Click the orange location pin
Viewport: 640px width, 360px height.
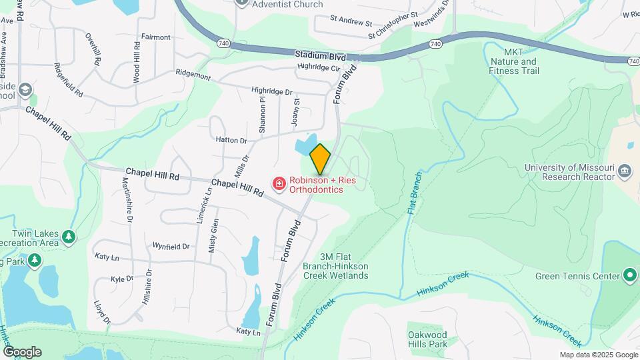[x=321, y=158]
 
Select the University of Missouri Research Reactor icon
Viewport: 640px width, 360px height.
[x=625, y=169]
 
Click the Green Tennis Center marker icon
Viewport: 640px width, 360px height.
[x=629, y=275]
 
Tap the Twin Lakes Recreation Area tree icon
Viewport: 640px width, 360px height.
[x=68, y=236]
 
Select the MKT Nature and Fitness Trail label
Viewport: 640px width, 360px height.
[x=513, y=61]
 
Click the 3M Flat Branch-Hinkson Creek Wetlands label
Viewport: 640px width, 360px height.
[x=344, y=266]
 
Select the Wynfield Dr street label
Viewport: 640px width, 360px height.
[x=171, y=246]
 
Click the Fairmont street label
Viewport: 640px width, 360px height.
[x=155, y=37]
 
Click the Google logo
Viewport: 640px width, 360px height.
[x=22, y=352]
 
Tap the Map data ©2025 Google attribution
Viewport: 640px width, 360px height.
[x=599, y=355]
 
